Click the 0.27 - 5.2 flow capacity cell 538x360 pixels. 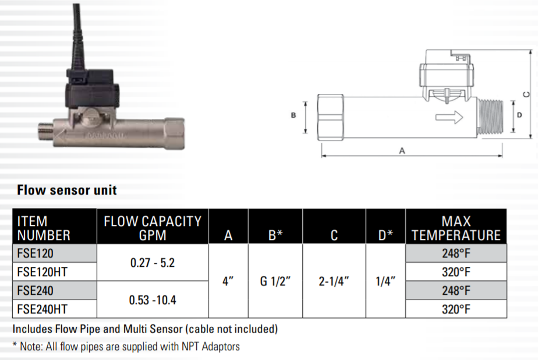pyautogui.click(x=153, y=263)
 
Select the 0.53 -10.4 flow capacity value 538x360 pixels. pyautogui.click(x=153, y=300)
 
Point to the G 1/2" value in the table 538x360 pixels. pyautogui.click(x=275, y=281)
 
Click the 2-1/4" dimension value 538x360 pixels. pyautogui.click(x=334, y=281)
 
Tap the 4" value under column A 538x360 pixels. pyautogui.click(x=228, y=281)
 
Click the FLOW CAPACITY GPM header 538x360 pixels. pyautogui.click(x=153, y=228)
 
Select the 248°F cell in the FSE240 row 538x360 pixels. pyautogui.click(x=456, y=290)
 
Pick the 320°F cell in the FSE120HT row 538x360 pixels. pyautogui.click(x=456, y=271)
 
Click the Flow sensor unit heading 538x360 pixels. pyautogui.click(x=67, y=190)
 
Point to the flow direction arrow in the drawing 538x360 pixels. pyautogui.click(x=449, y=117)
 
